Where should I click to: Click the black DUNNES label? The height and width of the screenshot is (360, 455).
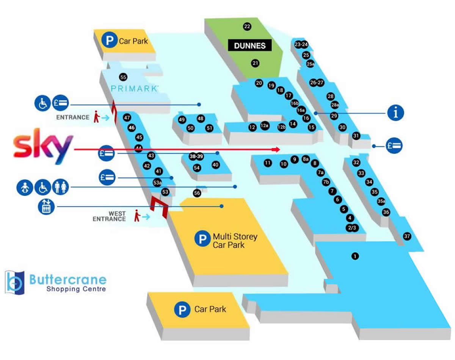point(250,46)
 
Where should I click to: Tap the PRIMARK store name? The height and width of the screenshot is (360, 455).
point(134,89)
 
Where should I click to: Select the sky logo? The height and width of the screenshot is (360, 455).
point(43,149)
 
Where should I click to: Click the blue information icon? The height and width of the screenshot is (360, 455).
point(395,113)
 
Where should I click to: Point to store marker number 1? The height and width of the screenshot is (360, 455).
point(355,256)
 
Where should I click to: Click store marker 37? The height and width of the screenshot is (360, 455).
point(407,236)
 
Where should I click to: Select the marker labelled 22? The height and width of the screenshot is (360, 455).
point(247,27)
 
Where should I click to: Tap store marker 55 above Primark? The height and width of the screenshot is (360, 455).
point(123,77)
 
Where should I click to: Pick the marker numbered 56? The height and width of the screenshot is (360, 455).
point(197,193)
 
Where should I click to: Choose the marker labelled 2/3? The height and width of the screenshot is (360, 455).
point(352,228)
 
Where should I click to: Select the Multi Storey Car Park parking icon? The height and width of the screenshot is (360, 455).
point(202,239)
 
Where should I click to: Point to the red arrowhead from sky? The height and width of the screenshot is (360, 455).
point(278,150)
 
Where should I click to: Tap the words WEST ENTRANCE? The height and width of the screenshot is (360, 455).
point(109,216)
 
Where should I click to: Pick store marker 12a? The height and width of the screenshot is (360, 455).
point(265,126)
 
